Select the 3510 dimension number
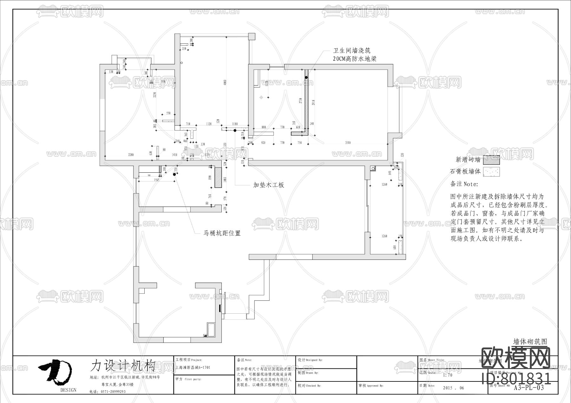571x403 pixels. [348, 143]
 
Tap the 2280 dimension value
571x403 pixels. [131, 155]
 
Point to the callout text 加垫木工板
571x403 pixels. [268, 185]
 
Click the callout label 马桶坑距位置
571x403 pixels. [222, 233]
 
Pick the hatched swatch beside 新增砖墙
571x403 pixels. [491, 160]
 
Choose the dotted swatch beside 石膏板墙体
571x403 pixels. [491, 172]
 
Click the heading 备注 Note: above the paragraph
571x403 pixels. [464, 184]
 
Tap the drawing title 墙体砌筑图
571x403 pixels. [530, 342]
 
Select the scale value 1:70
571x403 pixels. [448, 375]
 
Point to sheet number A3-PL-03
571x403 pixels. [528, 388]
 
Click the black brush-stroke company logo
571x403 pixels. [56, 371]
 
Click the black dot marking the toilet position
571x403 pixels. [174, 174]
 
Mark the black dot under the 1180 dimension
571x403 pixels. [235, 130]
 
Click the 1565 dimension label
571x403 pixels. [156, 180]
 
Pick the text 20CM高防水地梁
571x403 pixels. [355, 59]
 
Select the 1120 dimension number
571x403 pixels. [208, 124]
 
